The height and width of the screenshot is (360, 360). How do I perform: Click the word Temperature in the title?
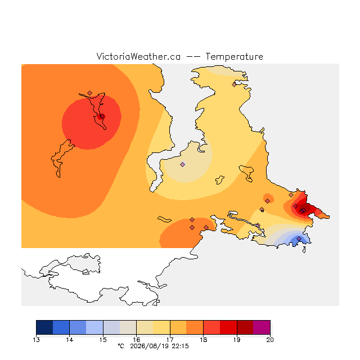[234, 56]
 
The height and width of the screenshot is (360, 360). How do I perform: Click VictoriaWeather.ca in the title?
[138, 56]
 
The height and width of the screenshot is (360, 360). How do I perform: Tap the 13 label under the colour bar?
[36, 340]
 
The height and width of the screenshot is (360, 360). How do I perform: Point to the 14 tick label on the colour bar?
[70, 340]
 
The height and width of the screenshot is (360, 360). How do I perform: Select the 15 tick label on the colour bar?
[103, 340]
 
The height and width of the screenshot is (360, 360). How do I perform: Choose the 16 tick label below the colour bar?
[136, 340]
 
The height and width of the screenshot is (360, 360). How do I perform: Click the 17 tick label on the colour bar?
[170, 340]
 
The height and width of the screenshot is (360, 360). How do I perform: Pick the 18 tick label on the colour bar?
[204, 340]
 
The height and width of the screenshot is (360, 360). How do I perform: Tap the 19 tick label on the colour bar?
[237, 340]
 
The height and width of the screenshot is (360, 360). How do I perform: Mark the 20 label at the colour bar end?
[270, 340]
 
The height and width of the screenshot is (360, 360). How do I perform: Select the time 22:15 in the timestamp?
[180, 346]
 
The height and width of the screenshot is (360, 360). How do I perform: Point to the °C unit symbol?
[121, 346]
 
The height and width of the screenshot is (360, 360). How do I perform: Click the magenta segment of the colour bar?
[262, 327]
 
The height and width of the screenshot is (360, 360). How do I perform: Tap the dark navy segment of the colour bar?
[44, 327]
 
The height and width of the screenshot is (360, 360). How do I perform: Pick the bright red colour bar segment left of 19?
[228, 327]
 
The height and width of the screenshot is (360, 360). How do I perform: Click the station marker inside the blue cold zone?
[299, 238]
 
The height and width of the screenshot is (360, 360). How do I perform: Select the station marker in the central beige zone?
[182, 164]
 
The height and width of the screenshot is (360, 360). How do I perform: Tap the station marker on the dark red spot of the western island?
[102, 116]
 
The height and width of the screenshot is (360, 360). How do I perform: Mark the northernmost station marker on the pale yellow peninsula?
[234, 85]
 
